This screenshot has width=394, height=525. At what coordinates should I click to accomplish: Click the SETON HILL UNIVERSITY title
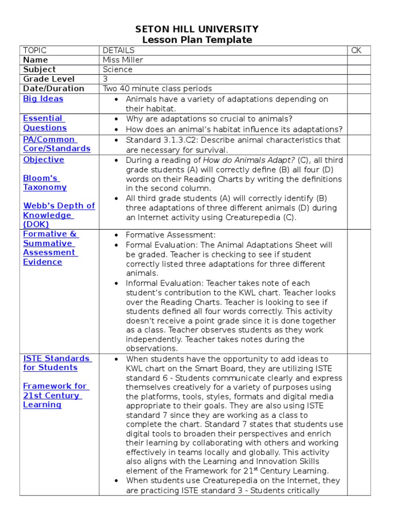[x=196, y=29]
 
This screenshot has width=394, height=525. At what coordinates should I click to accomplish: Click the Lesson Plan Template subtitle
[x=196, y=40]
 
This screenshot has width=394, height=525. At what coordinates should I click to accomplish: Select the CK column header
[x=357, y=50]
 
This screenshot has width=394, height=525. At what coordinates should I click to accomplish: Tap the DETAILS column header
[x=119, y=50]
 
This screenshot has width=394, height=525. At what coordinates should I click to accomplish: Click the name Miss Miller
[x=123, y=60]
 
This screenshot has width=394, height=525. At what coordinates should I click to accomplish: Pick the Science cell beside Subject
[x=117, y=69]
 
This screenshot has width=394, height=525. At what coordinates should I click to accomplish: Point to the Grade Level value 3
[x=105, y=79]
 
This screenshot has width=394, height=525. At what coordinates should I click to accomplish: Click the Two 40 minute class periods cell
[x=157, y=88]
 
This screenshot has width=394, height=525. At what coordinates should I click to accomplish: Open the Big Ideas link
[x=43, y=98]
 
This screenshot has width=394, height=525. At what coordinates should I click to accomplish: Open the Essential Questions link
[x=44, y=123]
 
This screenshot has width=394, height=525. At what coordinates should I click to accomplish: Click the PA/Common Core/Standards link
[x=56, y=144]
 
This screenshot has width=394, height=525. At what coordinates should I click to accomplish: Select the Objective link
[x=44, y=159]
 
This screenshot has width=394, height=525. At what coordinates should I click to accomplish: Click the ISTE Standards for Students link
[x=56, y=363]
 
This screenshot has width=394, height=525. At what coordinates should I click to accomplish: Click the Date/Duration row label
[x=53, y=88]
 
